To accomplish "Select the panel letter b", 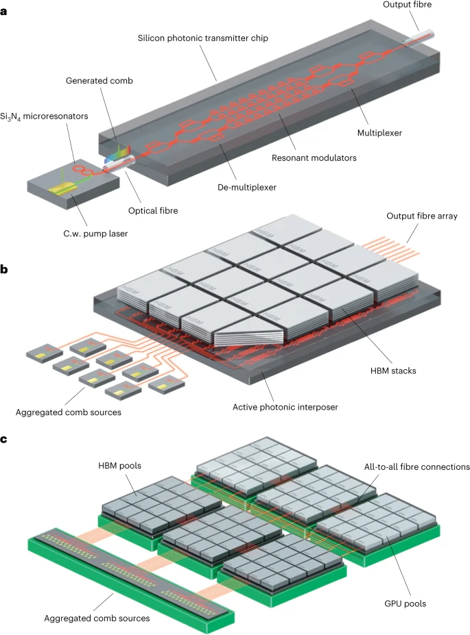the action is [x=5, y=269].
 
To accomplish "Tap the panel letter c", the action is [x=5, y=438].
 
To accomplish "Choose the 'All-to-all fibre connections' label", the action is [x=415, y=467].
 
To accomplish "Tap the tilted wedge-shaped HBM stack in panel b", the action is [x=248, y=334].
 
